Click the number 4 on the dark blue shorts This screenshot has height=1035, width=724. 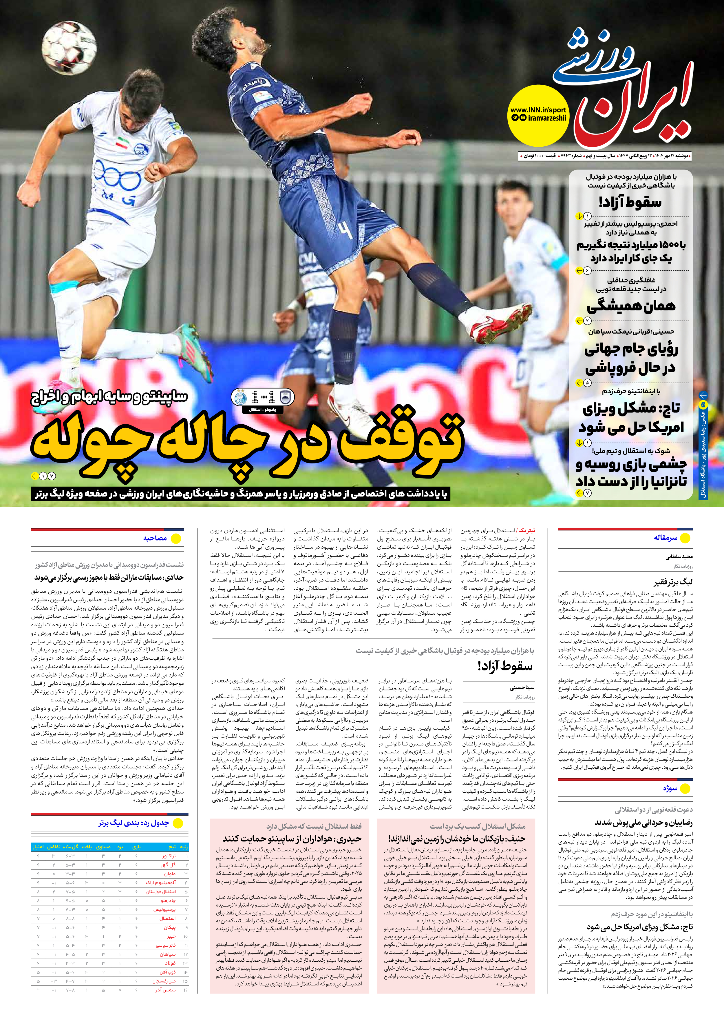345,231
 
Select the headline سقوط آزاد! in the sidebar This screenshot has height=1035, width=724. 630,202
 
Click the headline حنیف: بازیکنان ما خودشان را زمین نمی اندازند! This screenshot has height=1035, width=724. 456,838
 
